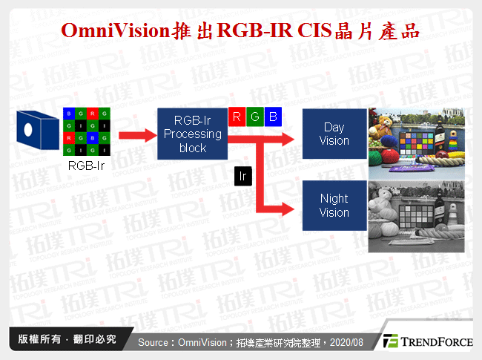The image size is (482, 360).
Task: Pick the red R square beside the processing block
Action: [x=236, y=117]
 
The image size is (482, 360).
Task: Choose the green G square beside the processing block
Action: [x=254, y=117]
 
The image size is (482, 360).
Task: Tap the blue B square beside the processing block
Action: [x=272, y=117]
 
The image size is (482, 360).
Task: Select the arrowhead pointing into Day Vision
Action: [x=295, y=134]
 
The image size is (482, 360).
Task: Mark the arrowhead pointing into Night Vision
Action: [x=295, y=206]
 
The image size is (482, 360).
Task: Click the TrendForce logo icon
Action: [x=391, y=341]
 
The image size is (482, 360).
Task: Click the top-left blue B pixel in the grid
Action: [x=69, y=114]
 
